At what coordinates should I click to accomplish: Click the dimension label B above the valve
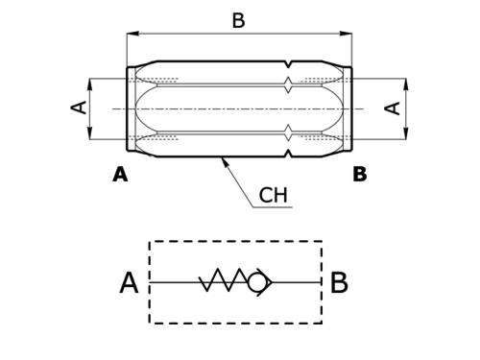tap(238, 20)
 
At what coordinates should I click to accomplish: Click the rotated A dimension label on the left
tap(79, 107)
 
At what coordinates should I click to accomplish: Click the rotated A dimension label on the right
tap(392, 108)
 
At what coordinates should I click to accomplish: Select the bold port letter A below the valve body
tap(120, 175)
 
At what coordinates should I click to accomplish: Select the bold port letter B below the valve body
tap(360, 175)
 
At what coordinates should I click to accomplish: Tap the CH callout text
tap(273, 195)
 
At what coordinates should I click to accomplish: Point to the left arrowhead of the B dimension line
tap(133, 34)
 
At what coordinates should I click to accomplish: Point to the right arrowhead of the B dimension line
tap(346, 34)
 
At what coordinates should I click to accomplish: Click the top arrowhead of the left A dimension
tap(90, 84)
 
